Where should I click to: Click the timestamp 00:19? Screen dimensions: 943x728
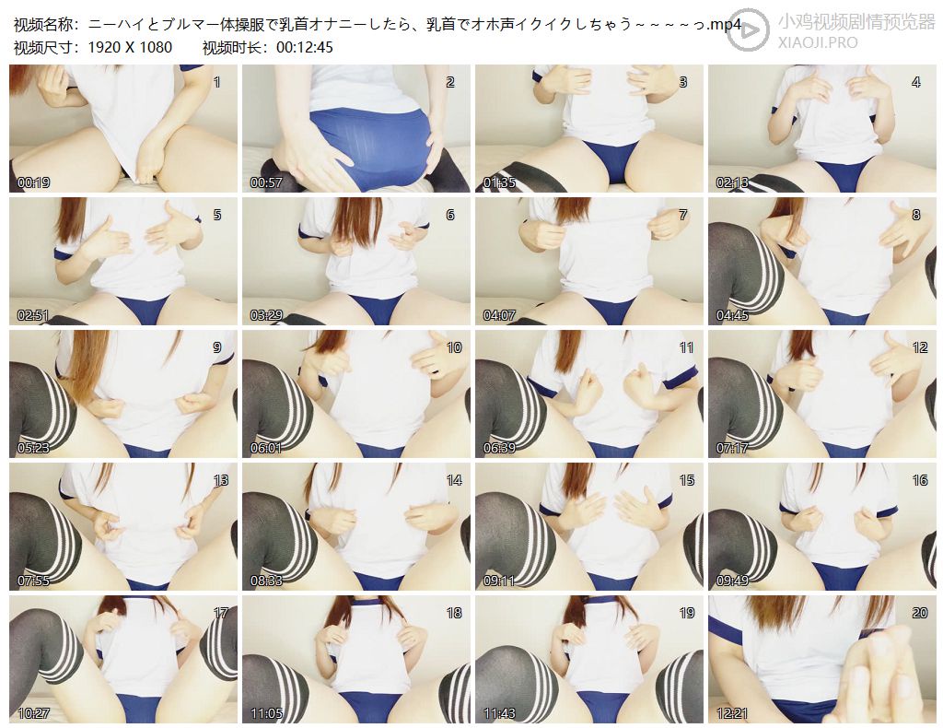(x=34, y=182)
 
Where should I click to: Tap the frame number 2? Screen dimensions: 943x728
(x=449, y=82)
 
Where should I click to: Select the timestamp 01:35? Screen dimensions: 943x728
(x=499, y=182)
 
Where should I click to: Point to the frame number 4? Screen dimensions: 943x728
(x=916, y=82)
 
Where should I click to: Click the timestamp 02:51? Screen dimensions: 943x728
(x=34, y=315)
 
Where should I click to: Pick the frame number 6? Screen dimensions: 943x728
(x=449, y=215)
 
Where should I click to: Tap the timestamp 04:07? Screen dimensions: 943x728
(x=499, y=315)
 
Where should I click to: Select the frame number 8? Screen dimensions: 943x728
(x=916, y=215)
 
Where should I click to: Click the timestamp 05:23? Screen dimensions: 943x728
(x=34, y=448)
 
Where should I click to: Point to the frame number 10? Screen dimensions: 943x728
(x=454, y=347)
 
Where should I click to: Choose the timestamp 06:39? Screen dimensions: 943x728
(x=499, y=448)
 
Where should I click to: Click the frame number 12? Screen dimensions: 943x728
(x=920, y=347)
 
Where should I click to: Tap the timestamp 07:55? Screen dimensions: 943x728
(x=34, y=581)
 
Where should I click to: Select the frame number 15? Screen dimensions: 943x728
(x=687, y=480)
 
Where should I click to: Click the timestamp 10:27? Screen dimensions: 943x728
(x=34, y=713)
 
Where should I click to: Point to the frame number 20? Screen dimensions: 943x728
(x=920, y=613)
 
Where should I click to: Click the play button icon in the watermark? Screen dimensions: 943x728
(x=748, y=28)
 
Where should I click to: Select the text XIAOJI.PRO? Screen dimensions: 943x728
(x=818, y=42)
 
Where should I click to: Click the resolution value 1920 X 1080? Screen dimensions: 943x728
(x=130, y=47)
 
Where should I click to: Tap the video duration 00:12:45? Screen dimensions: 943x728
(x=305, y=47)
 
